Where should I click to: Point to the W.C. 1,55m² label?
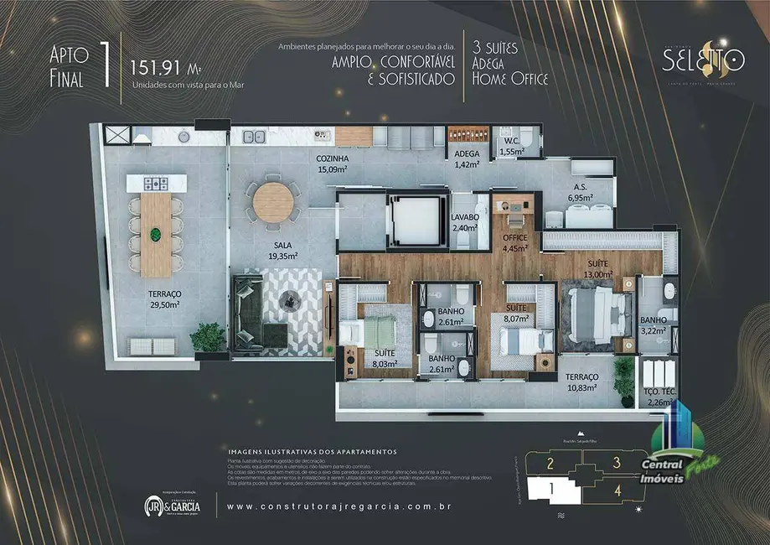[511, 147]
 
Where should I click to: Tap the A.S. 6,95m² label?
[579, 192]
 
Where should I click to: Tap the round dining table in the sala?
[273, 202]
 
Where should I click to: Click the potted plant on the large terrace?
[207, 337]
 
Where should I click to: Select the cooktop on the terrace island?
[156, 182]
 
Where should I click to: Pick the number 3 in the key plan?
[616, 461]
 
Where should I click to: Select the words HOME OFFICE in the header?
[511, 79]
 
